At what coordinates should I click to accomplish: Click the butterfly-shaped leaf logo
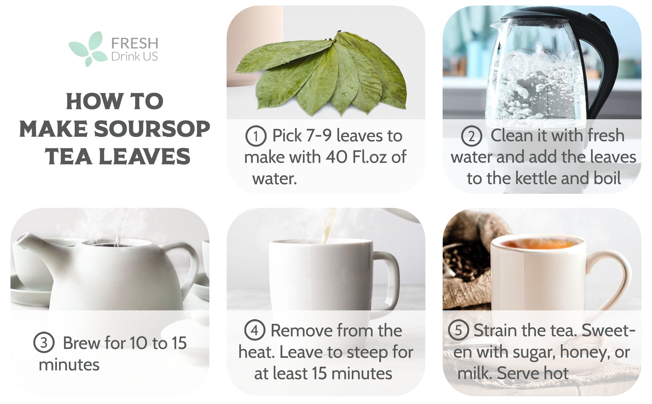[x=86, y=49]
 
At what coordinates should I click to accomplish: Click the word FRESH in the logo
[x=135, y=43]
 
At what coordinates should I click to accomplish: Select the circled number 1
[x=256, y=136]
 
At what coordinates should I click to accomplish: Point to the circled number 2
[x=471, y=136]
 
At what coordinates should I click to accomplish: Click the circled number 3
[x=44, y=343]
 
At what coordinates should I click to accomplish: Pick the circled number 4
[x=255, y=330]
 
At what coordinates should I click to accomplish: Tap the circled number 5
[x=458, y=330]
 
